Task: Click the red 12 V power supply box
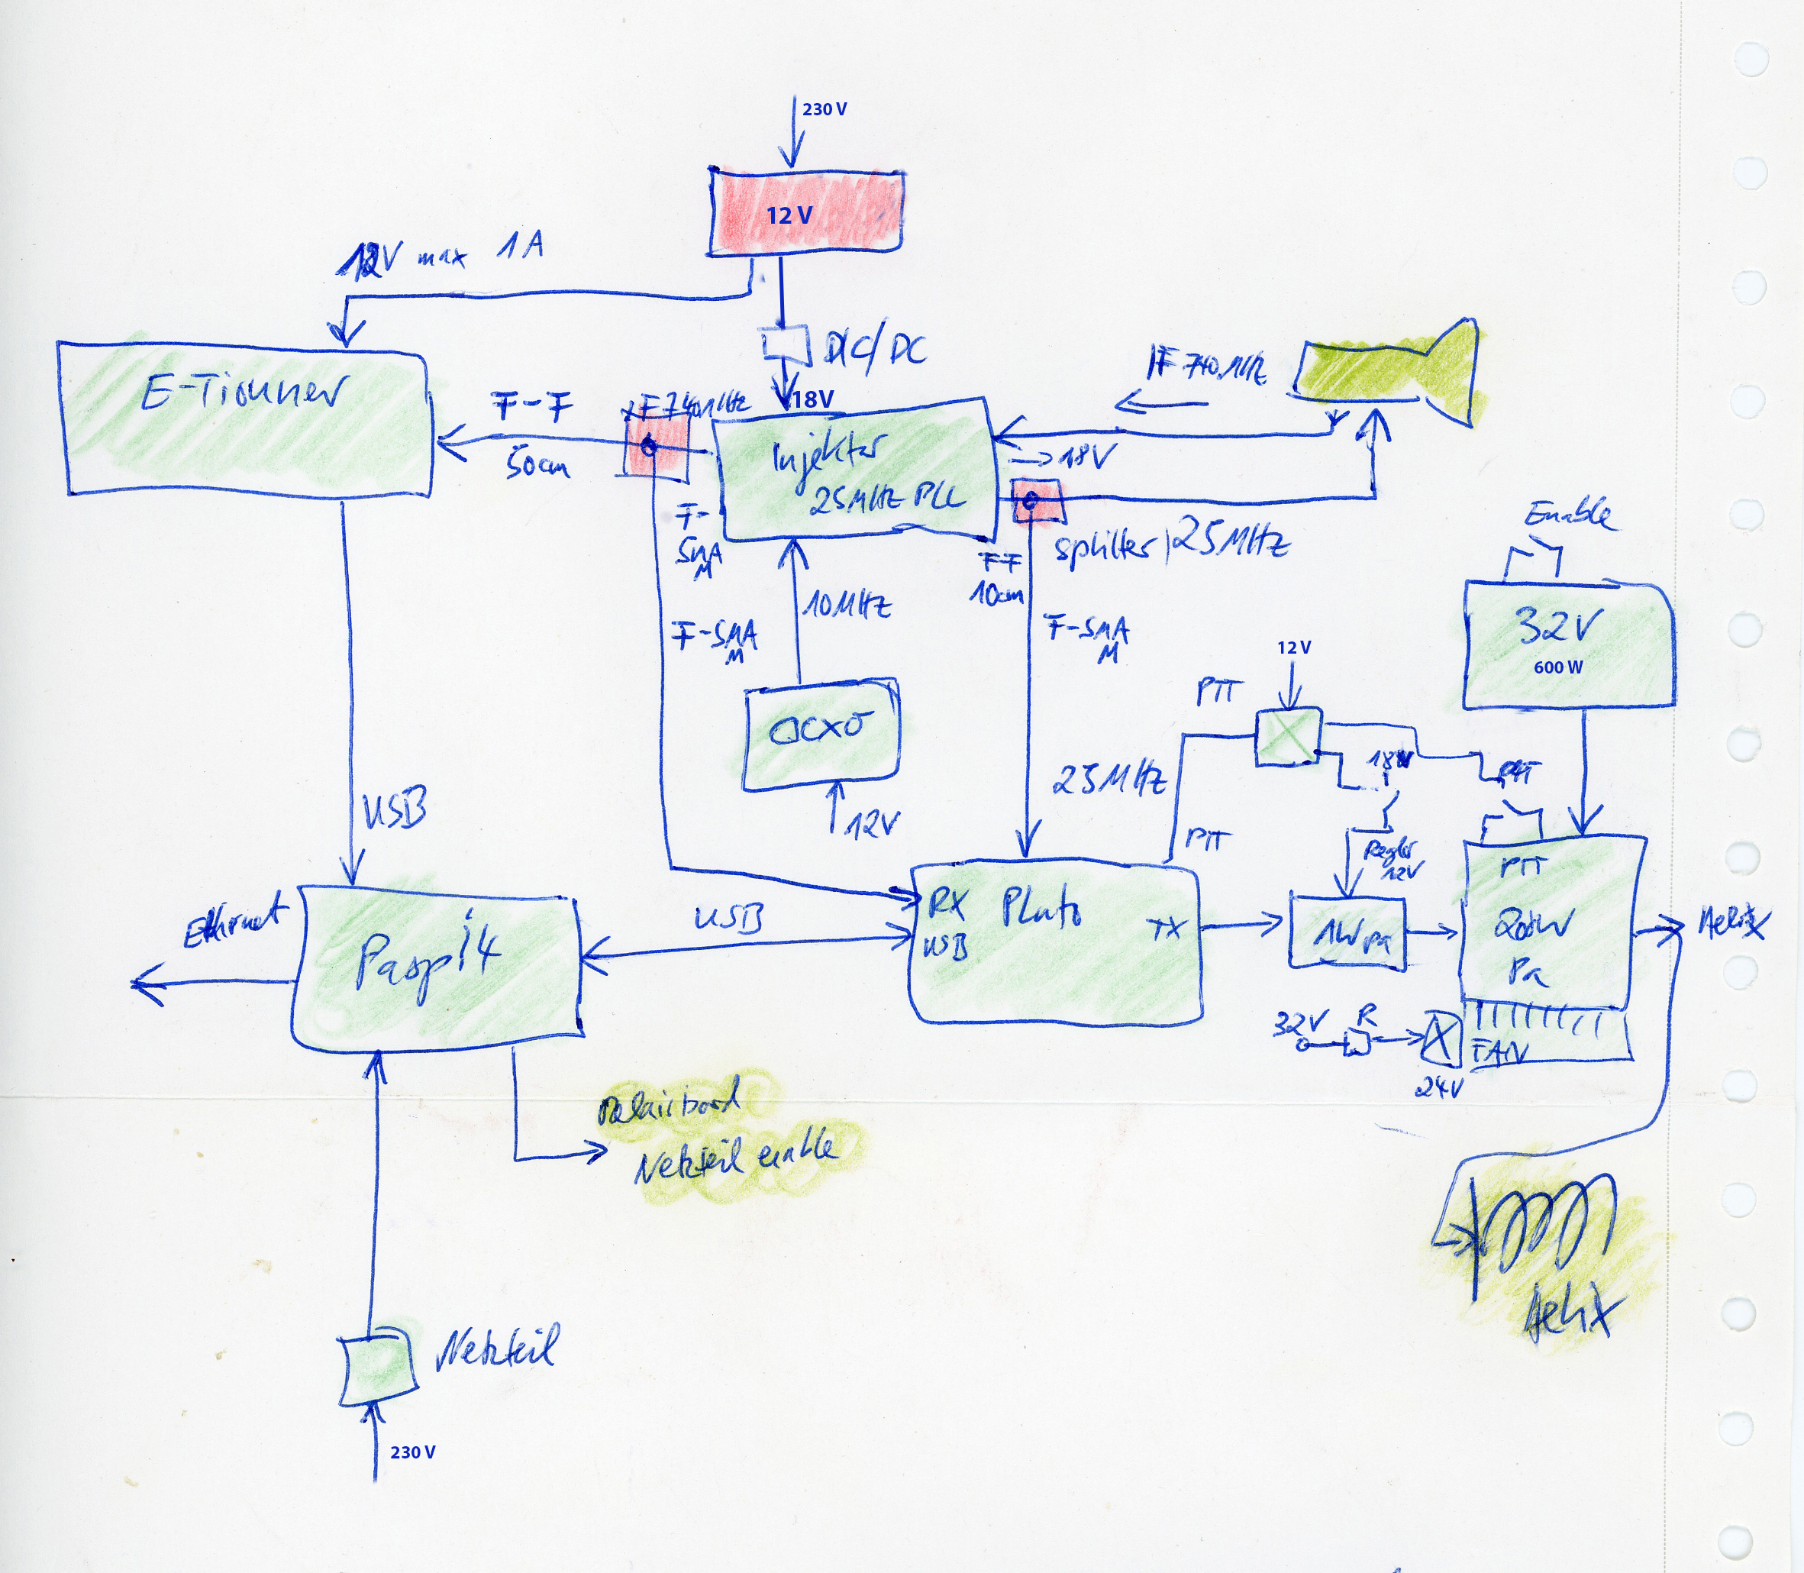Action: [805, 212]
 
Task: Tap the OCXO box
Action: [821, 733]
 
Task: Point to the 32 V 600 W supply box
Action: [1567, 645]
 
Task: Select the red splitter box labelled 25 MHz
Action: [1035, 500]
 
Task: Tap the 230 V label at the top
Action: [824, 110]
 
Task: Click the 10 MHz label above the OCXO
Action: [847, 606]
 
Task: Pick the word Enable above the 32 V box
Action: [1569, 515]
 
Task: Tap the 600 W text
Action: [1558, 667]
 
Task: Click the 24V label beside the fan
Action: [1439, 1088]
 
